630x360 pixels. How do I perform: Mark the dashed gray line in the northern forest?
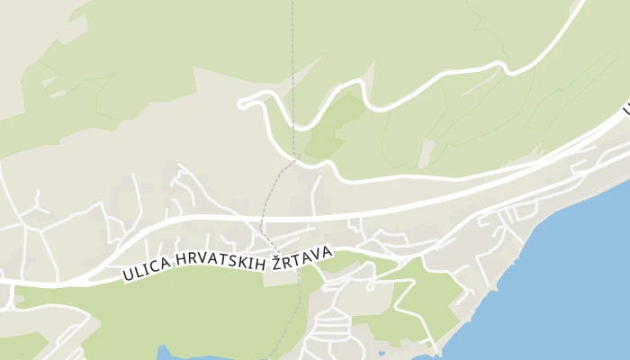[x=292, y=54]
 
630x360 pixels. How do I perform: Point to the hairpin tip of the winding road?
[x=241, y=103]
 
